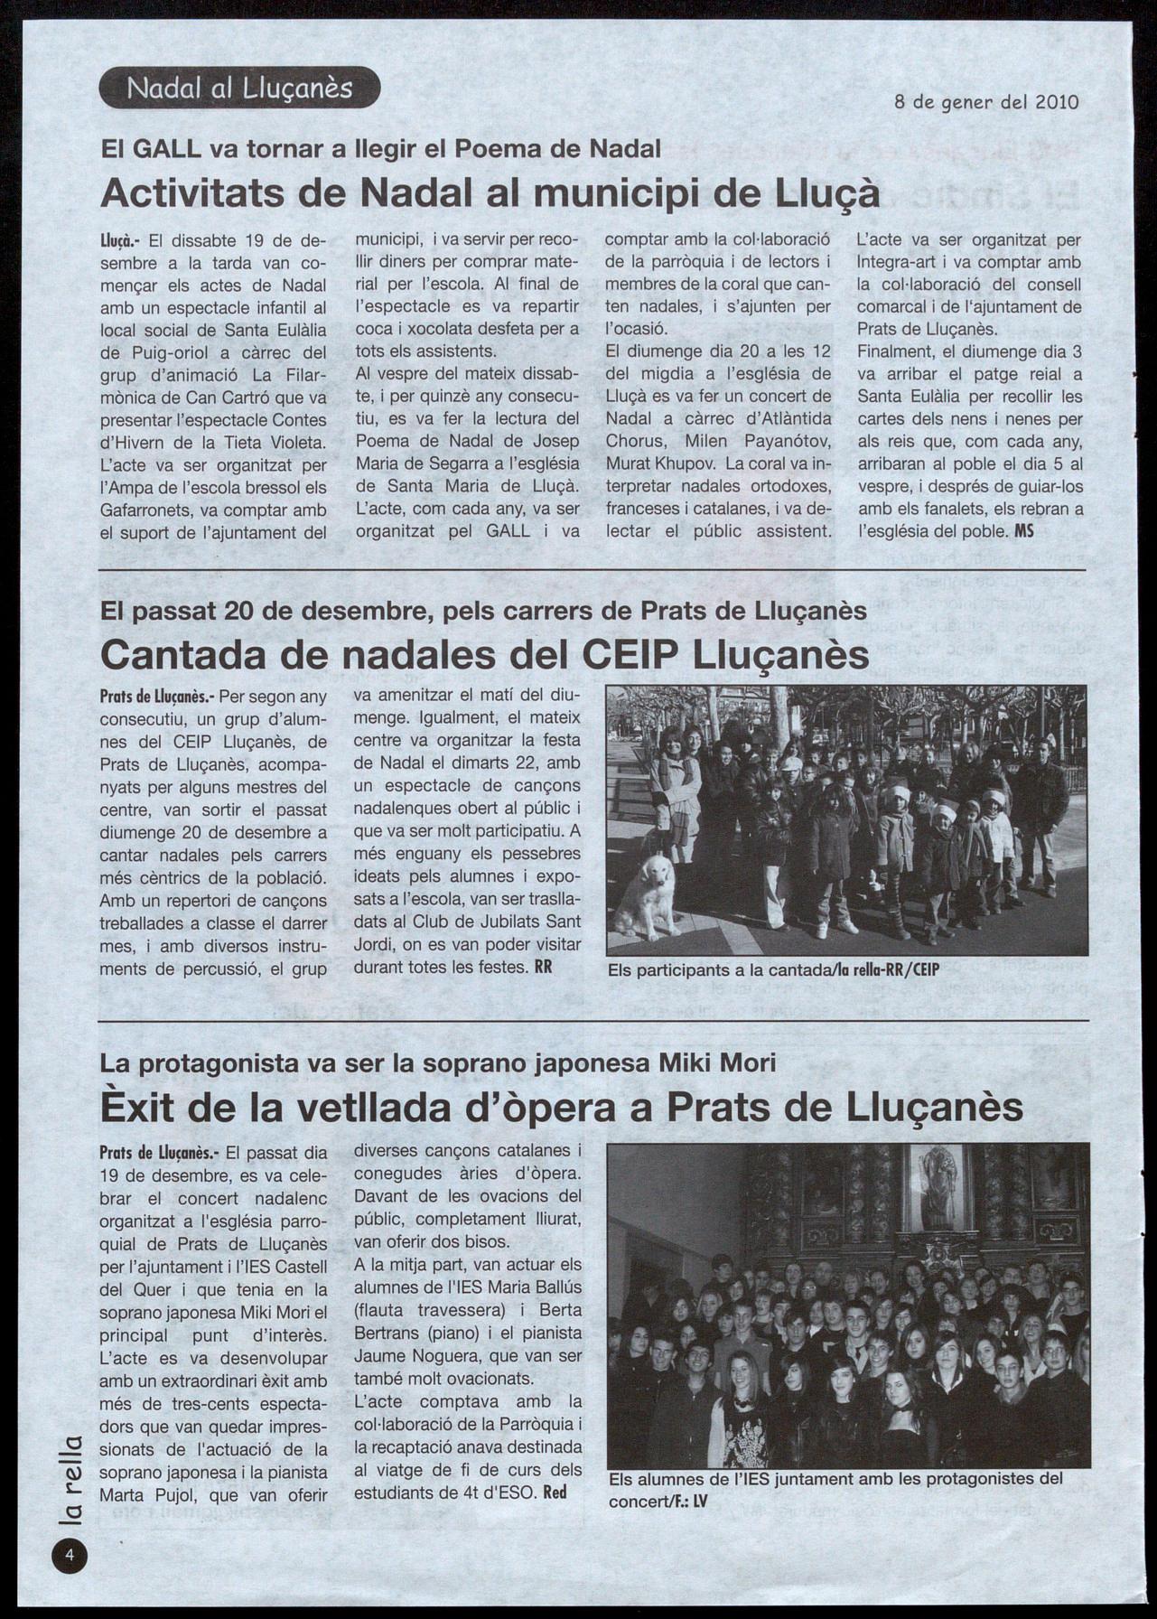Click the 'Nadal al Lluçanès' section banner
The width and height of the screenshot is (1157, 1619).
pyautogui.click(x=239, y=88)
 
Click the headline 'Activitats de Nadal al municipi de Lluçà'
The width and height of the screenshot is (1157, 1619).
pyautogui.click(x=490, y=192)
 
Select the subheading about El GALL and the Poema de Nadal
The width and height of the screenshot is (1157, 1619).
pyautogui.click(x=380, y=148)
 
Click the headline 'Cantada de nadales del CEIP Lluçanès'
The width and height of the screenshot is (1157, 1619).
pyautogui.click(x=484, y=654)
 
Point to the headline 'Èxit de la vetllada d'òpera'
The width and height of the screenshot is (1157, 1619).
pyautogui.click(x=561, y=1106)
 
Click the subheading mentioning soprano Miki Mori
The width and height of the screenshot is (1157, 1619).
pyautogui.click(x=438, y=1062)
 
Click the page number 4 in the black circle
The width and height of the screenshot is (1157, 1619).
pyautogui.click(x=70, y=1555)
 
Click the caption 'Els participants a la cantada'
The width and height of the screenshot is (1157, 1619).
pyautogui.click(x=774, y=970)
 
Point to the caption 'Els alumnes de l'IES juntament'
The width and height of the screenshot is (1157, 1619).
pyautogui.click(x=835, y=1488)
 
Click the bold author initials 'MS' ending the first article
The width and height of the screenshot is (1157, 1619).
pyautogui.click(x=1024, y=531)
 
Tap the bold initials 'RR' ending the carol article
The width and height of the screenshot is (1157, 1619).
pyautogui.click(x=543, y=967)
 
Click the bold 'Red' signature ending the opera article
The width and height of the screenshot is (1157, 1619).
pyautogui.click(x=555, y=1493)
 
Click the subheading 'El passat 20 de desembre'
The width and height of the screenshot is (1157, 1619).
pyautogui.click(x=483, y=612)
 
